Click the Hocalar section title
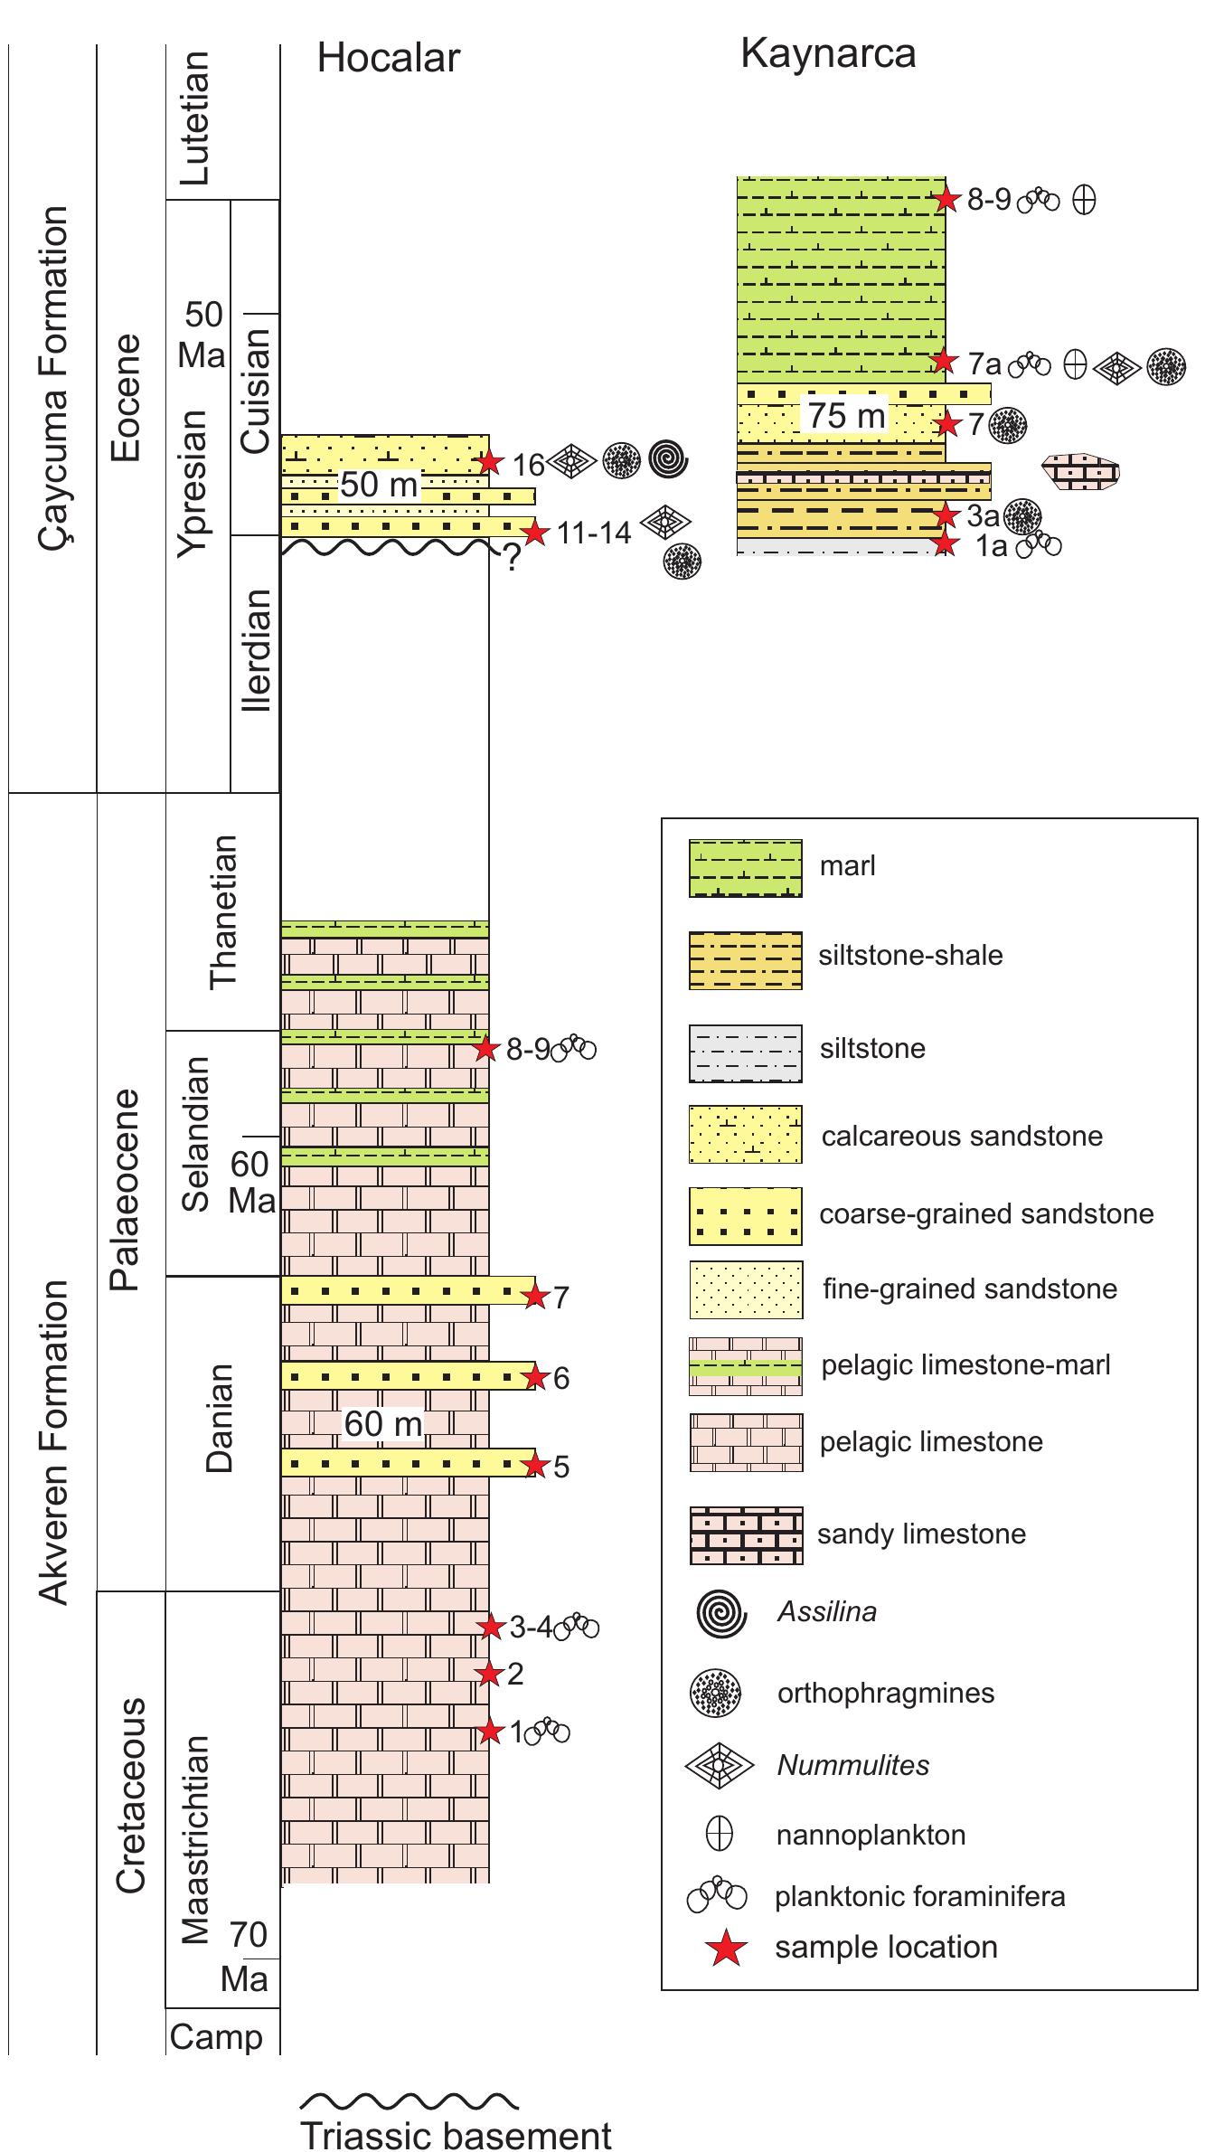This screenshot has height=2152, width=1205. [388, 59]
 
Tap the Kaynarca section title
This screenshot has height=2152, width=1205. [827, 54]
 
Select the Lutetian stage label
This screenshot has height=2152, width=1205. [196, 118]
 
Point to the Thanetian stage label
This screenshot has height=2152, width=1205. [222, 911]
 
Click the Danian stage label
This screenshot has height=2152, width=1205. [220, 1418]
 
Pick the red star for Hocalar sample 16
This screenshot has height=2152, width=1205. [489, 462]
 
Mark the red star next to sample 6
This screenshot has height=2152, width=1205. [536, 1378]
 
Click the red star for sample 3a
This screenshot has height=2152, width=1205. [946, 515]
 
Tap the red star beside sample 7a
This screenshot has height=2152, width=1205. [944, 362]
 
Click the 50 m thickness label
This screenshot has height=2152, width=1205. [379, 486]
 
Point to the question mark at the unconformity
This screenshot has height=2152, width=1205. [511, 561]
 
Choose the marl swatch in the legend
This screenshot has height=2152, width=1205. [745, 868]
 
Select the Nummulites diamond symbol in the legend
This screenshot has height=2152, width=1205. [720, 1764]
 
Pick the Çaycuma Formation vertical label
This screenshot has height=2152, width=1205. [53, 378]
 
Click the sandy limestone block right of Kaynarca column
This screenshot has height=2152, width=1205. [1080, 471]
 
